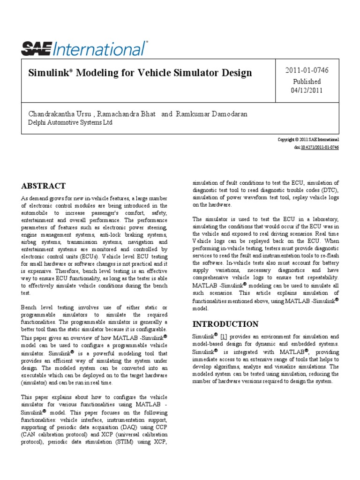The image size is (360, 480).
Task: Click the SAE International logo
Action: pos(84,48)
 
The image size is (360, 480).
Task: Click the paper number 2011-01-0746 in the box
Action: pos(307,70)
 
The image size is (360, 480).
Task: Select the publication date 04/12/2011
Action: pos(307,90)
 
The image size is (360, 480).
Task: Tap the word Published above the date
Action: pos(307,81)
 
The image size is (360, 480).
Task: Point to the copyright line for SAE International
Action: pos(308,140)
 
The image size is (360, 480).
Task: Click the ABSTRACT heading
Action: pos(43,186)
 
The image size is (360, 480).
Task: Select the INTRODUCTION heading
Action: pos(225,324)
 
